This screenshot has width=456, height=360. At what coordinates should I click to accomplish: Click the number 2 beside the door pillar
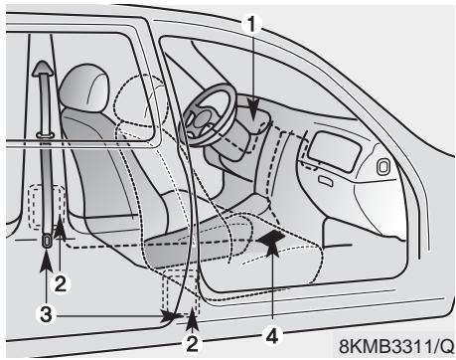click(60, 283)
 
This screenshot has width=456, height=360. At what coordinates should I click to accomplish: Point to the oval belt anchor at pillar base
click(46, 240)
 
